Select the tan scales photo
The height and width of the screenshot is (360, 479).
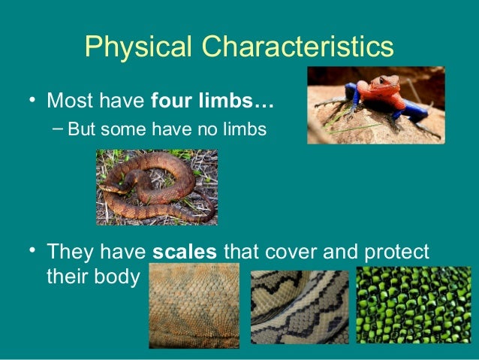194,307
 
